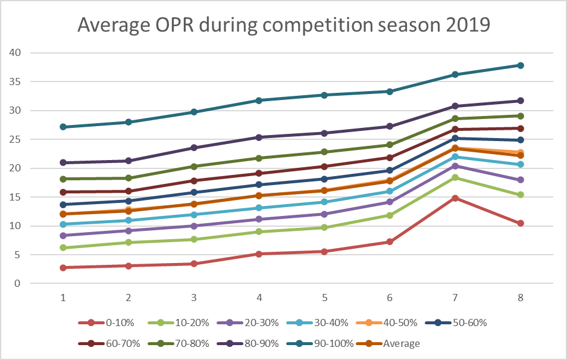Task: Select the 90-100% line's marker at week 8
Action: (520, 65)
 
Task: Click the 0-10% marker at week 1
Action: (62, 268)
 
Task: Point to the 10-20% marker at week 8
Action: (520, 195)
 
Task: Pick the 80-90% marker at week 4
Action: (258, 137)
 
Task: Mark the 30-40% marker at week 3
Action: (193, 215)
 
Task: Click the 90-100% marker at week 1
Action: (62, 127)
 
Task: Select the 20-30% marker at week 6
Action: (389, 202)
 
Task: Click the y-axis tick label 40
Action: (15, 53)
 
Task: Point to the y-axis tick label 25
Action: (15, 139)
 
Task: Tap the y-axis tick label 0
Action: (18, 283)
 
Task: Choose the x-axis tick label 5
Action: (324, 297)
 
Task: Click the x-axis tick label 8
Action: (520, 297)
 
